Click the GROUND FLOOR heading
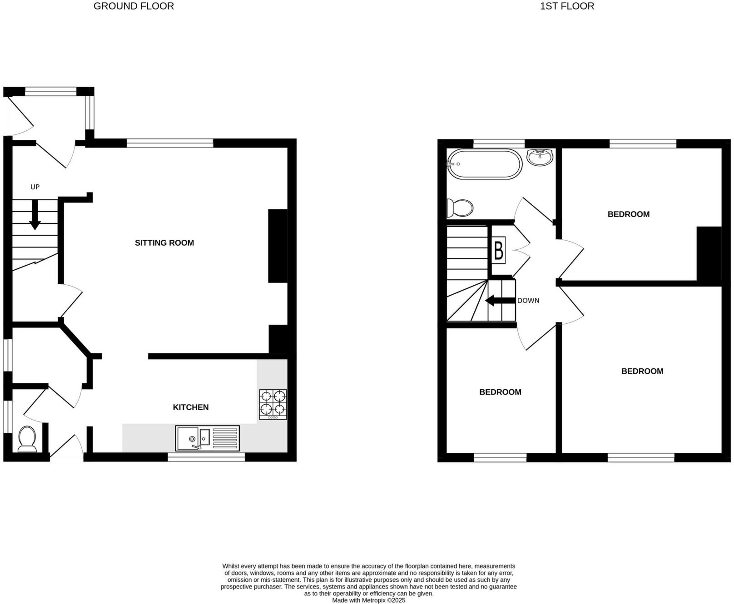[134, 6]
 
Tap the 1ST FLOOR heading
[567, 6]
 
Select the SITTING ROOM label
[164, 243]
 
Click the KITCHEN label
[191, 407]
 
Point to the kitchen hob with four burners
[273, 404]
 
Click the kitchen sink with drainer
[207, 438]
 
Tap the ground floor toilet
[27, 439]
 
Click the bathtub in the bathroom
[485, 164]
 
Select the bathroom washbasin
[540, 157]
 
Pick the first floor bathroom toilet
[460, 208]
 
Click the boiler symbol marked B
[499, 250]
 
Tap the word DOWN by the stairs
[528, 301]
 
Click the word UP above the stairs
[35, 187]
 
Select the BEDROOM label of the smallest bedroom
[500, 392]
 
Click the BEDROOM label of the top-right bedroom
[629, 214]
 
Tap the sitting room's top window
[170, 144]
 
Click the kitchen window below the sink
[206, 457]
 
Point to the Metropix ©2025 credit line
[368, 600]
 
